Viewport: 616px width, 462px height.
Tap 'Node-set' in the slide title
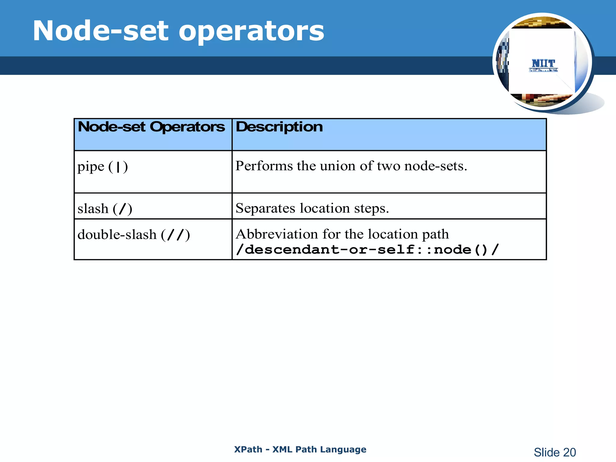tap(100, 31)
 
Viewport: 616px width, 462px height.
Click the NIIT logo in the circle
tap(543, 65)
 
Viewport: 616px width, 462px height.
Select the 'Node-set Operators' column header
tap(151, 127)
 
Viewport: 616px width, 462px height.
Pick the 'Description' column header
tap(279, 127)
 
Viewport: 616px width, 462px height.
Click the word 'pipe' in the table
tap(91, 167)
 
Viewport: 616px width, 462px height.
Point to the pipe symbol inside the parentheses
tap(118, 167)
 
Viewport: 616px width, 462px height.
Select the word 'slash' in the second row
tap(93, 208)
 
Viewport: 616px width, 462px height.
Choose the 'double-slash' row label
tap(117, 234)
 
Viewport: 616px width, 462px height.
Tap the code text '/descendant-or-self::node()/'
tap(367, 250)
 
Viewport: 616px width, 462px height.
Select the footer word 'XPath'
tap(248, 449)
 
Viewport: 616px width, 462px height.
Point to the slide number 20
tap(569, 452)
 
